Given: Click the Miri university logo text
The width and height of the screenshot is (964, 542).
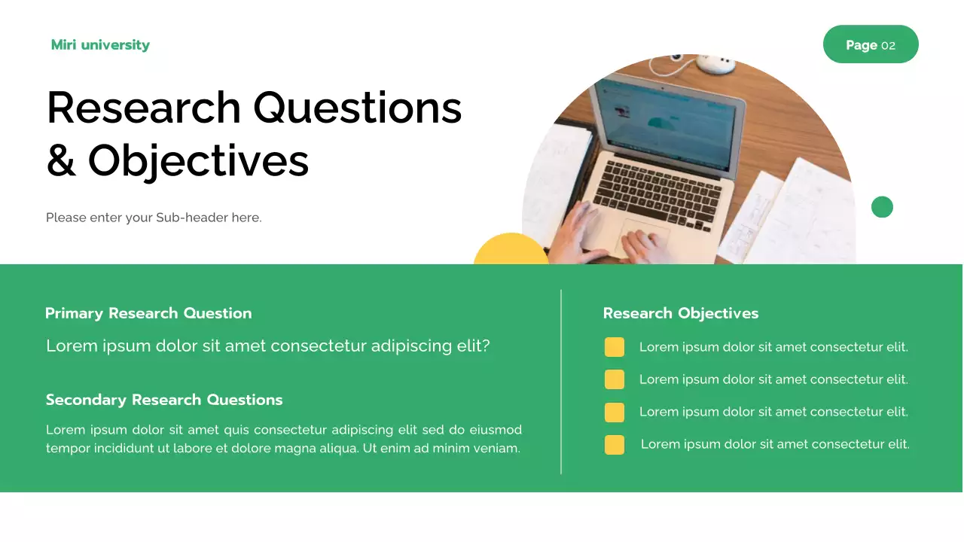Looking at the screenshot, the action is click(100, 45).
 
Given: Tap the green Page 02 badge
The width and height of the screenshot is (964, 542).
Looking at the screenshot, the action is click(871, 44).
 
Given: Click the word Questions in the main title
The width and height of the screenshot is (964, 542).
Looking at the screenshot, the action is click(358, 108).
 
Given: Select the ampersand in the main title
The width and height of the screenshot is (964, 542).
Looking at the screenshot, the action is click(61, 160).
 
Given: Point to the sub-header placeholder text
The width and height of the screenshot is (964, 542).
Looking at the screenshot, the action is click(154, 218).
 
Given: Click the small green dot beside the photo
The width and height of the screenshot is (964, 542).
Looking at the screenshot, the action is click(882, 207).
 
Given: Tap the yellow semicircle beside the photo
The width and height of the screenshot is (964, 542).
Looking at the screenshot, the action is click(511, 249).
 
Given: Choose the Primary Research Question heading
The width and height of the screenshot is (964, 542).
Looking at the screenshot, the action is click(148, 314).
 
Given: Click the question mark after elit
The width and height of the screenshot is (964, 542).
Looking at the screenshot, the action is click(486, 346).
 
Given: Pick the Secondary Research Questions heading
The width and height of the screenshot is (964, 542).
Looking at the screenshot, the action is click(164, 400).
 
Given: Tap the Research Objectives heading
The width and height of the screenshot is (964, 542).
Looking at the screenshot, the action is click(681, 314).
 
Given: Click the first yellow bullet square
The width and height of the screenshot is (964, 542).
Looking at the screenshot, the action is click(614, 347).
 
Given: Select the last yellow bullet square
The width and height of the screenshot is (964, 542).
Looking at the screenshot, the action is click(614, 445).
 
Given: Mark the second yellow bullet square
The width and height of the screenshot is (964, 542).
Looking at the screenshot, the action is click(614, 379).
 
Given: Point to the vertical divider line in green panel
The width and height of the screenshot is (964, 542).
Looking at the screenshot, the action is click(561, 382).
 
